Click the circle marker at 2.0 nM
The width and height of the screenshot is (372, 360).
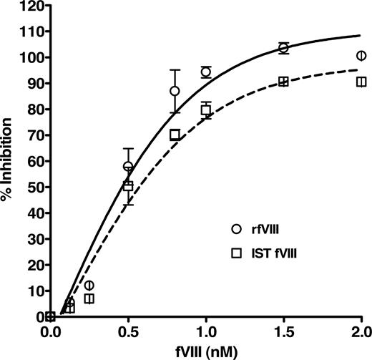click(361, 56)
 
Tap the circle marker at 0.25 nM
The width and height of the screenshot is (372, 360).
click(89, 286)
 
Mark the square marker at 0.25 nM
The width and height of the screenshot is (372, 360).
click(89, 298)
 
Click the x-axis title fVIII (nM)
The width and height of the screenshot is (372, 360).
click(205, 351)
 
